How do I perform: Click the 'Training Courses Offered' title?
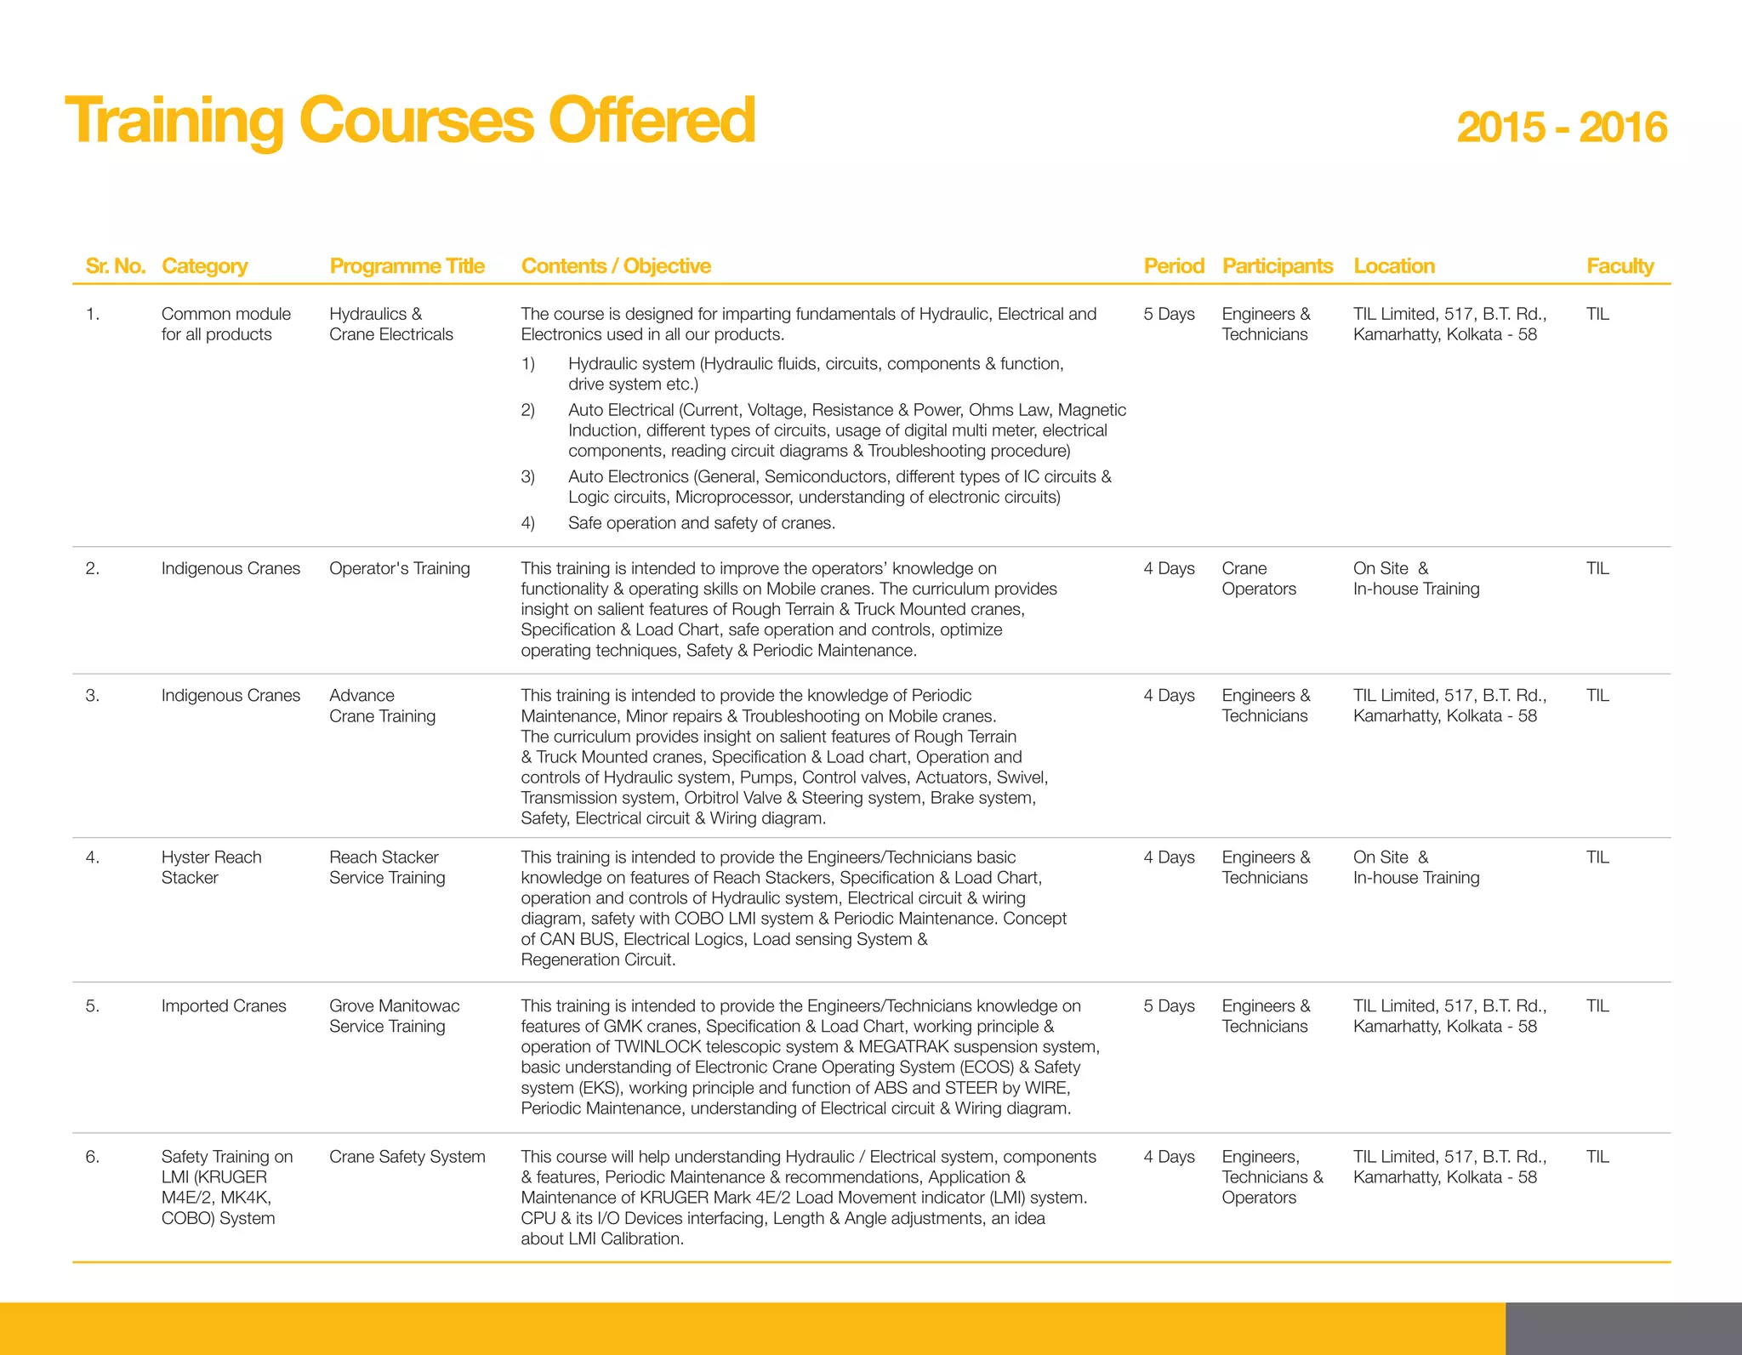[x=410, y=121]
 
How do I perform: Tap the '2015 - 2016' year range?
[x=1561, y=128]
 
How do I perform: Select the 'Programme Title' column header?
[x=407, y=266]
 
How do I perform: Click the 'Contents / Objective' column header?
[x=616, y=266]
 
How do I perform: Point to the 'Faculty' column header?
[x=1620, y=266]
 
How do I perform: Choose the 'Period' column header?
[x=1173, y=266]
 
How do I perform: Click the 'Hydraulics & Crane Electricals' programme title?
[x=390, y=324]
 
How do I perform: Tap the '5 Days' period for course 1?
[x=1169, y=314]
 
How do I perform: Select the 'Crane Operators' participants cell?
[x=1258, y=578]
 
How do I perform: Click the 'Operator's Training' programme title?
[x=399, y=568]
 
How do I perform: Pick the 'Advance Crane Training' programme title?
[x=382, y=705]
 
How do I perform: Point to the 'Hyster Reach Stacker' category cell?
[x=211, y=867]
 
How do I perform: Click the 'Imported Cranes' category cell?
[x=224, y=1005]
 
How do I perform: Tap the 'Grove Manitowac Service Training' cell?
[x=394, y=1016]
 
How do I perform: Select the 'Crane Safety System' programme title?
[x=407, y=1157]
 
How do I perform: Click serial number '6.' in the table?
[x=92, y=1157]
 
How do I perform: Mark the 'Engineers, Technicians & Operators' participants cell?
[x=1272, y=1177]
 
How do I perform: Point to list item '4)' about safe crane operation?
[x=528, y=523]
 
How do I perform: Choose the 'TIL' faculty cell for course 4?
[x=1597, y=857]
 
